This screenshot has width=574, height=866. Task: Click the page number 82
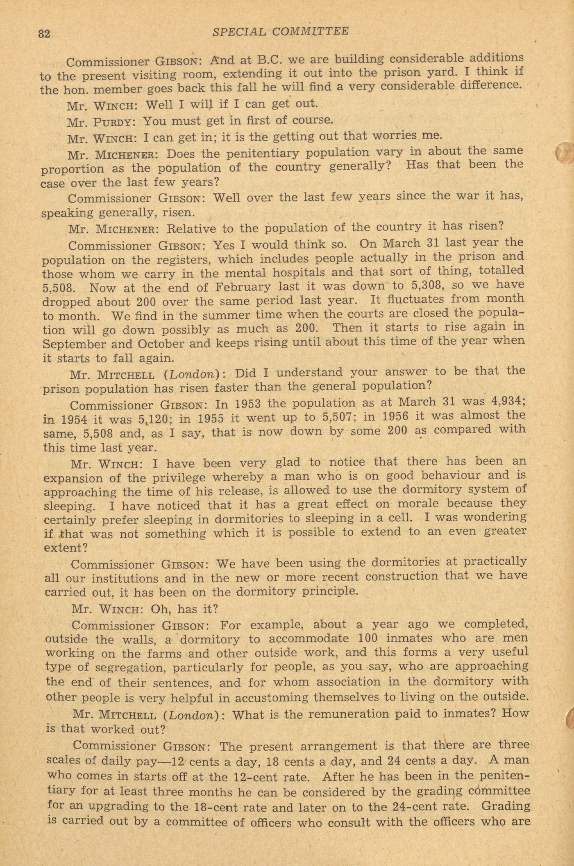coord(44,34)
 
